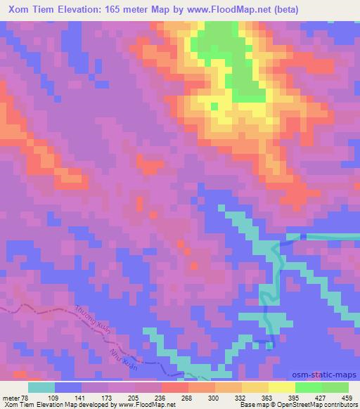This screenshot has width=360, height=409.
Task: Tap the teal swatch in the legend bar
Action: (41, 387)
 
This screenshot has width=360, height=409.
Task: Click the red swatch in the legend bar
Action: (174, 387)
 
